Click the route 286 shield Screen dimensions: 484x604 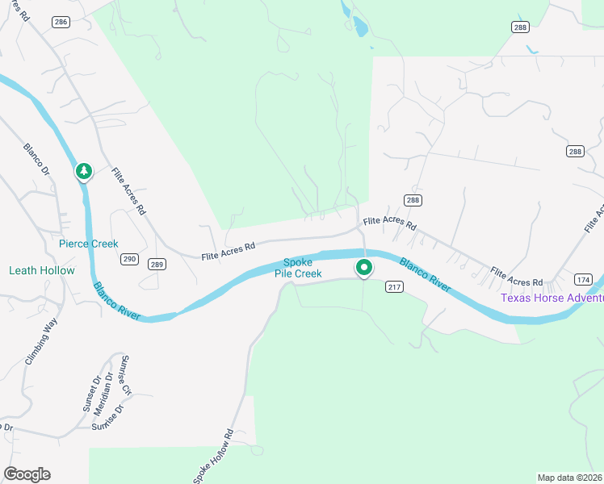pos(60,23)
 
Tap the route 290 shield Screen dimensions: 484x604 pos(130,260)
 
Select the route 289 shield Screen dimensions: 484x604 pos(157,264)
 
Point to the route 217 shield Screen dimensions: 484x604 pos(393,287)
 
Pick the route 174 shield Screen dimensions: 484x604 pos(583,279)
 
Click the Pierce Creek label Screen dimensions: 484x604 pos(88,244)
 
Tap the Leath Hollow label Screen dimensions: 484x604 pos(41,271)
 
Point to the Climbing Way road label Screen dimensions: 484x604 pos(41,342)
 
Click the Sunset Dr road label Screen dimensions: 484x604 pos(92,394)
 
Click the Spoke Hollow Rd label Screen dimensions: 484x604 pos(213,457)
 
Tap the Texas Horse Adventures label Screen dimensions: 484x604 pos(552,298)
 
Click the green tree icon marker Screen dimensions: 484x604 pos(83,172)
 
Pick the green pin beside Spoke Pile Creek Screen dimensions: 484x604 pos(363,268)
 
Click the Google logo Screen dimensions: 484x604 pos(27,474)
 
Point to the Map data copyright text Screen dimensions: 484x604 pos(570,478)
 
